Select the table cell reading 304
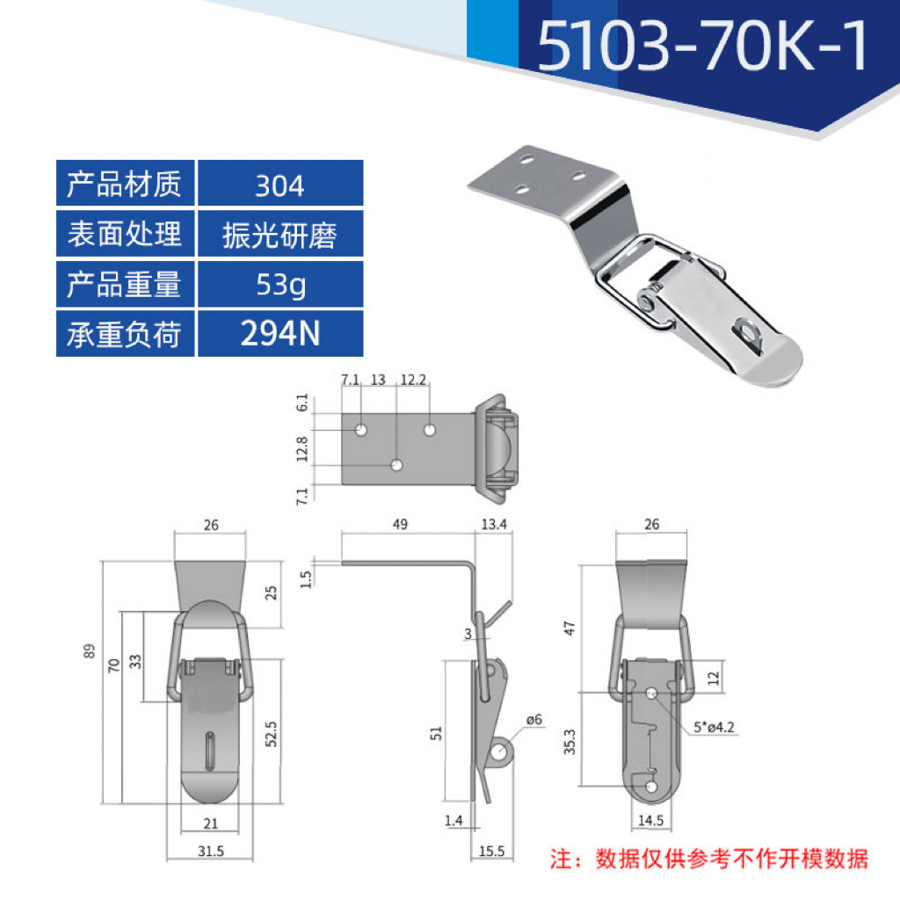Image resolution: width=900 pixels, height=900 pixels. coord(279,185)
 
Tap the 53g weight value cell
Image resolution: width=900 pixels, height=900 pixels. coord(279,285)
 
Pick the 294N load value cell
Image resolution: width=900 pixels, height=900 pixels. coord(279,334)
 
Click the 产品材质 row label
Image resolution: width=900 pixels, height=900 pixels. coord(125,185)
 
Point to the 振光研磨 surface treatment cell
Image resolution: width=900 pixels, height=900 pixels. coord(279,236)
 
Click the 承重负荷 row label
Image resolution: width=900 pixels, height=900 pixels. coord(125,335)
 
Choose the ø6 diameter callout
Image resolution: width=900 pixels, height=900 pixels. coord(533,721)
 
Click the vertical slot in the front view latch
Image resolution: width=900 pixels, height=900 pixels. coord(211,749)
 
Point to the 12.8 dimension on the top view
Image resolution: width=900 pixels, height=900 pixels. coord(303,448)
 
